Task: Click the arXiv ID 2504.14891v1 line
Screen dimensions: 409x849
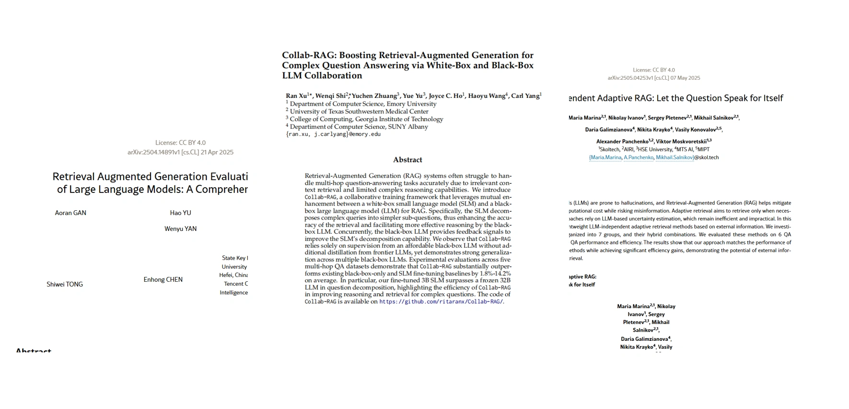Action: [x=180, y=152]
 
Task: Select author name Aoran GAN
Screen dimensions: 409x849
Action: [x=70, y=213]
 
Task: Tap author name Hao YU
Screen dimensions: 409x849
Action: [x=180, y=213]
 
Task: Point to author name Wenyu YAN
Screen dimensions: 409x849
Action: [x=180, y=229]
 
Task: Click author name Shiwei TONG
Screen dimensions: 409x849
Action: [x=65, y=284]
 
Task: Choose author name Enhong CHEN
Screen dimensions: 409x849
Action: [x=163, y=279]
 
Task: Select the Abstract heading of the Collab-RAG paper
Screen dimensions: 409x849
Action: [x=407, y=160]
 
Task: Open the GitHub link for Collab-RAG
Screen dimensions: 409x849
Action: [x=441, y=301]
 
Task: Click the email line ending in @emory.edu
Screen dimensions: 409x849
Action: [x=333, y=134]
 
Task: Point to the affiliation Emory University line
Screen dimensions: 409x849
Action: [x=363, y=104]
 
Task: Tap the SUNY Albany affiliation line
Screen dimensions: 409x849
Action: [x=359, y=127]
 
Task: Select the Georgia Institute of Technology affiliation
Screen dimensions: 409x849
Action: [x=366, y=119]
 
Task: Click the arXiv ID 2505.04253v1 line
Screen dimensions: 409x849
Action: [x=653, y=78]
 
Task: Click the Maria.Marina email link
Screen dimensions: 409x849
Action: [x=605, y=157]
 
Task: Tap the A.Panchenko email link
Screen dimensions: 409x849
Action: [x=639, y=157]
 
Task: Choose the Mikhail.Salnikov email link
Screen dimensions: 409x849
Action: [x=675, y=157]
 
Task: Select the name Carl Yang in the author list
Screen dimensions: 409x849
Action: [x=525, y=96]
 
